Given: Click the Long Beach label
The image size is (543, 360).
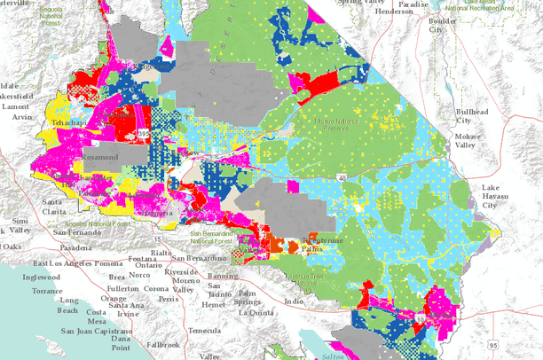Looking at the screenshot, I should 67,306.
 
